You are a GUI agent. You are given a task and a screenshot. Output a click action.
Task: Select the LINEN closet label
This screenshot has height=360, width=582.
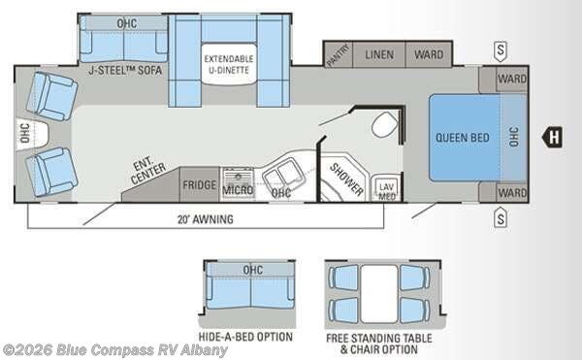click(378, 55)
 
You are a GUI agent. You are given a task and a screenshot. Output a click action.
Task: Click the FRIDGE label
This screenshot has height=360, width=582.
click(199, 185)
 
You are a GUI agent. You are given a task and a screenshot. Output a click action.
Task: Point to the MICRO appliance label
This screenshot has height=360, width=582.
click(238, 189)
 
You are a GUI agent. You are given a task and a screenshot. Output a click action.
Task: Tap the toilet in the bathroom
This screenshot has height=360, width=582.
click(385, 124)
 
